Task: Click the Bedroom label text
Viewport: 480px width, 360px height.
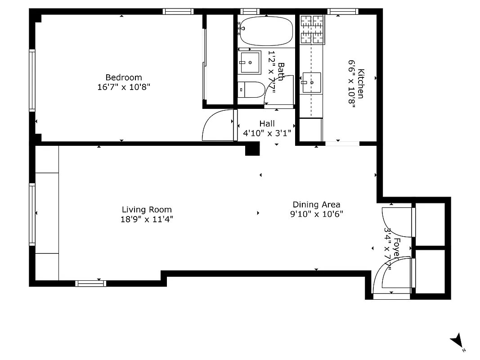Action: [x=123, y=77]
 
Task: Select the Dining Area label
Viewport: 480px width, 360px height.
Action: [x=316, y=205]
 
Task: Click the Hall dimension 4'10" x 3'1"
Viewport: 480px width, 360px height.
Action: [x=267, y=133]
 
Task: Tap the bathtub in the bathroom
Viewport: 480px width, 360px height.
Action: [x=266, y=31]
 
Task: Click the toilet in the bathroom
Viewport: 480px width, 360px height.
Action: [x=251, y=90]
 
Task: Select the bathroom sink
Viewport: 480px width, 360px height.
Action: [x=249, y=63]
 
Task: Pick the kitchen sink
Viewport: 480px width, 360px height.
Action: [x=312, y=83]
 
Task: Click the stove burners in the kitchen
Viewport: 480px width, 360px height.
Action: [x=312, y=30]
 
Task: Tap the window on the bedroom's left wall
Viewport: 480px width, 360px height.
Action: [x=32, y=80]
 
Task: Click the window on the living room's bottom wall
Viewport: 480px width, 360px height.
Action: [x=90, y=283]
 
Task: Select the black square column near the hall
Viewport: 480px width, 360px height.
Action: [x=252, y=149]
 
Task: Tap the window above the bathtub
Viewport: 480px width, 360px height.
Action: [x=250, y=11]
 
